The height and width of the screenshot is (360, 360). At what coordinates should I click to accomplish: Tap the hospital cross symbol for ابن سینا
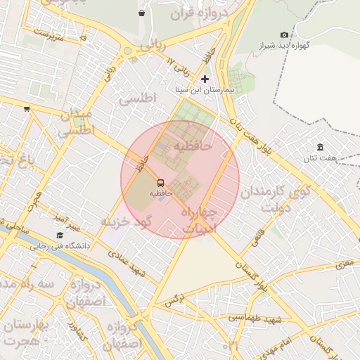(205, 79)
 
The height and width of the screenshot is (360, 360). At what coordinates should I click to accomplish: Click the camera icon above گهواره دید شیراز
(284, 34)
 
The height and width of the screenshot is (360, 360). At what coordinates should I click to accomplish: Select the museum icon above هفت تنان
(320, 146)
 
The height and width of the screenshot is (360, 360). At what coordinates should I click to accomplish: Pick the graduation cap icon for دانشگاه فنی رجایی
(59, 236)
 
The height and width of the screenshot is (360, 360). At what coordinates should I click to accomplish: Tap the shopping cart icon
(27, 108)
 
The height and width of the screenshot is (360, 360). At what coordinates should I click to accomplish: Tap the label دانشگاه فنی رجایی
(59, 247)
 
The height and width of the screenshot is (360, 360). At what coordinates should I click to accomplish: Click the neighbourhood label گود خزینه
(127, 221)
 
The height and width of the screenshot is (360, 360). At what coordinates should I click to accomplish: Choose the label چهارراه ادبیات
(200, 219)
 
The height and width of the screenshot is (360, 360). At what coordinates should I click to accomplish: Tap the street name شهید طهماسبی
(255, 319)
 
